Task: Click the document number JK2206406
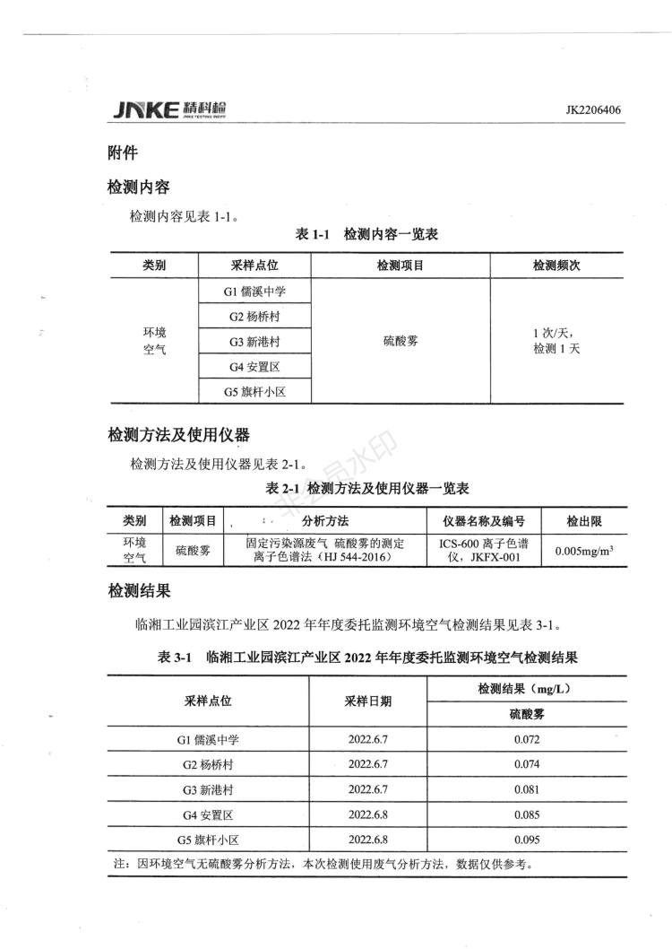(x=593, y=111)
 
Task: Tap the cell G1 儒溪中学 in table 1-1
(x=255, y=292)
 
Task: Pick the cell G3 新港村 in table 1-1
(x=255, y=342)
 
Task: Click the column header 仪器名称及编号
(x=484, y=521)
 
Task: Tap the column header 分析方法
(x=325, y=521)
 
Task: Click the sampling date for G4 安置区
(x=367, y=815)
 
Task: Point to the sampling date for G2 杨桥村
(x=367, y=765)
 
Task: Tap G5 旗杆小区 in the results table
(x=208, y=840)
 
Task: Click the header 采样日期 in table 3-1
(x=367, y=701)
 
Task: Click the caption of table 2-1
(x=368, y=489)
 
